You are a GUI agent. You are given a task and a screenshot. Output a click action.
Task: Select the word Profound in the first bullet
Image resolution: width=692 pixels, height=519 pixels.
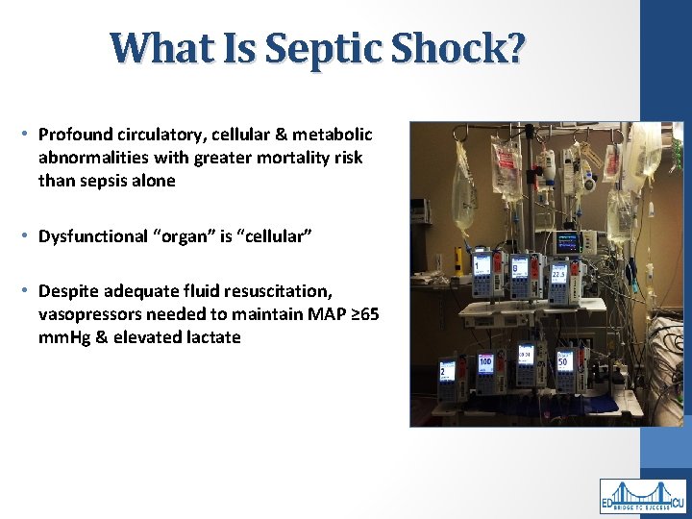74,136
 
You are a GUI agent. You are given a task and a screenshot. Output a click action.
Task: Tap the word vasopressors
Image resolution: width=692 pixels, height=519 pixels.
87,314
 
